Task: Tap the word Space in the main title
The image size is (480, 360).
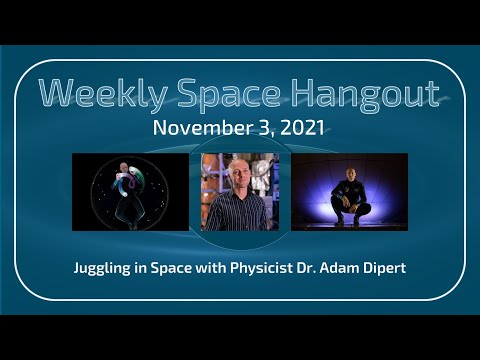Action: click(226, 93)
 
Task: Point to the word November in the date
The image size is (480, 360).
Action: click(195, 130)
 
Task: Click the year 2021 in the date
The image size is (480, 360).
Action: click(305, 130)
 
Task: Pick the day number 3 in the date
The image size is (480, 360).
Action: click(257, 130)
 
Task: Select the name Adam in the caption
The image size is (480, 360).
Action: click(348, 269)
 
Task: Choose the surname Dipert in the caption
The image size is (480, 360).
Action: click(393, 269)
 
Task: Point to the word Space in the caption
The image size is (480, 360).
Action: click(191, 269)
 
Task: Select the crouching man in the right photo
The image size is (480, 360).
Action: click(351, 197)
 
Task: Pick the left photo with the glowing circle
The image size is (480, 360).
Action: click(130, 192)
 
